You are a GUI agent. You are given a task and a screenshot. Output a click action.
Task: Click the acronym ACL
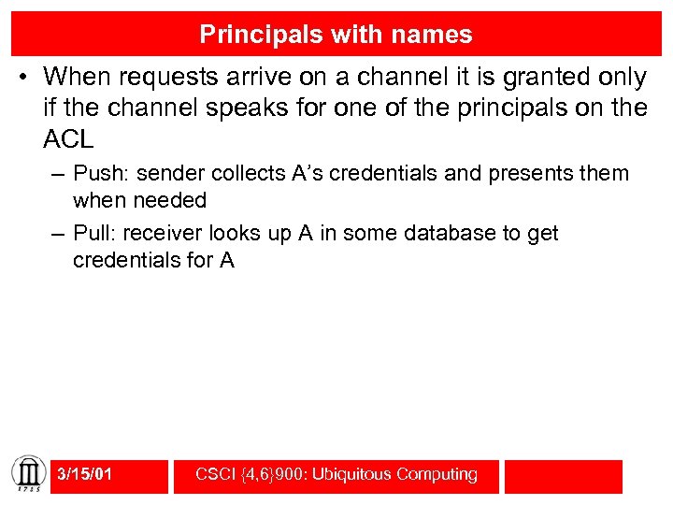coord(68,140)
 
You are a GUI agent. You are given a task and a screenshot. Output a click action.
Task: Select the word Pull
coord(93,233)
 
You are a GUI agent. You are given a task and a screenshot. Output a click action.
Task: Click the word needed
coord(170,200)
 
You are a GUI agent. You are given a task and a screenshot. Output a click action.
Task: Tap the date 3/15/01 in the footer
coord(84,474)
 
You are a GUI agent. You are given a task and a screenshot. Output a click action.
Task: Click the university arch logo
coord(27,474)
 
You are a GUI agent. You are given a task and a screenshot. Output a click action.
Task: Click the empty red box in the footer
coord(563,475)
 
